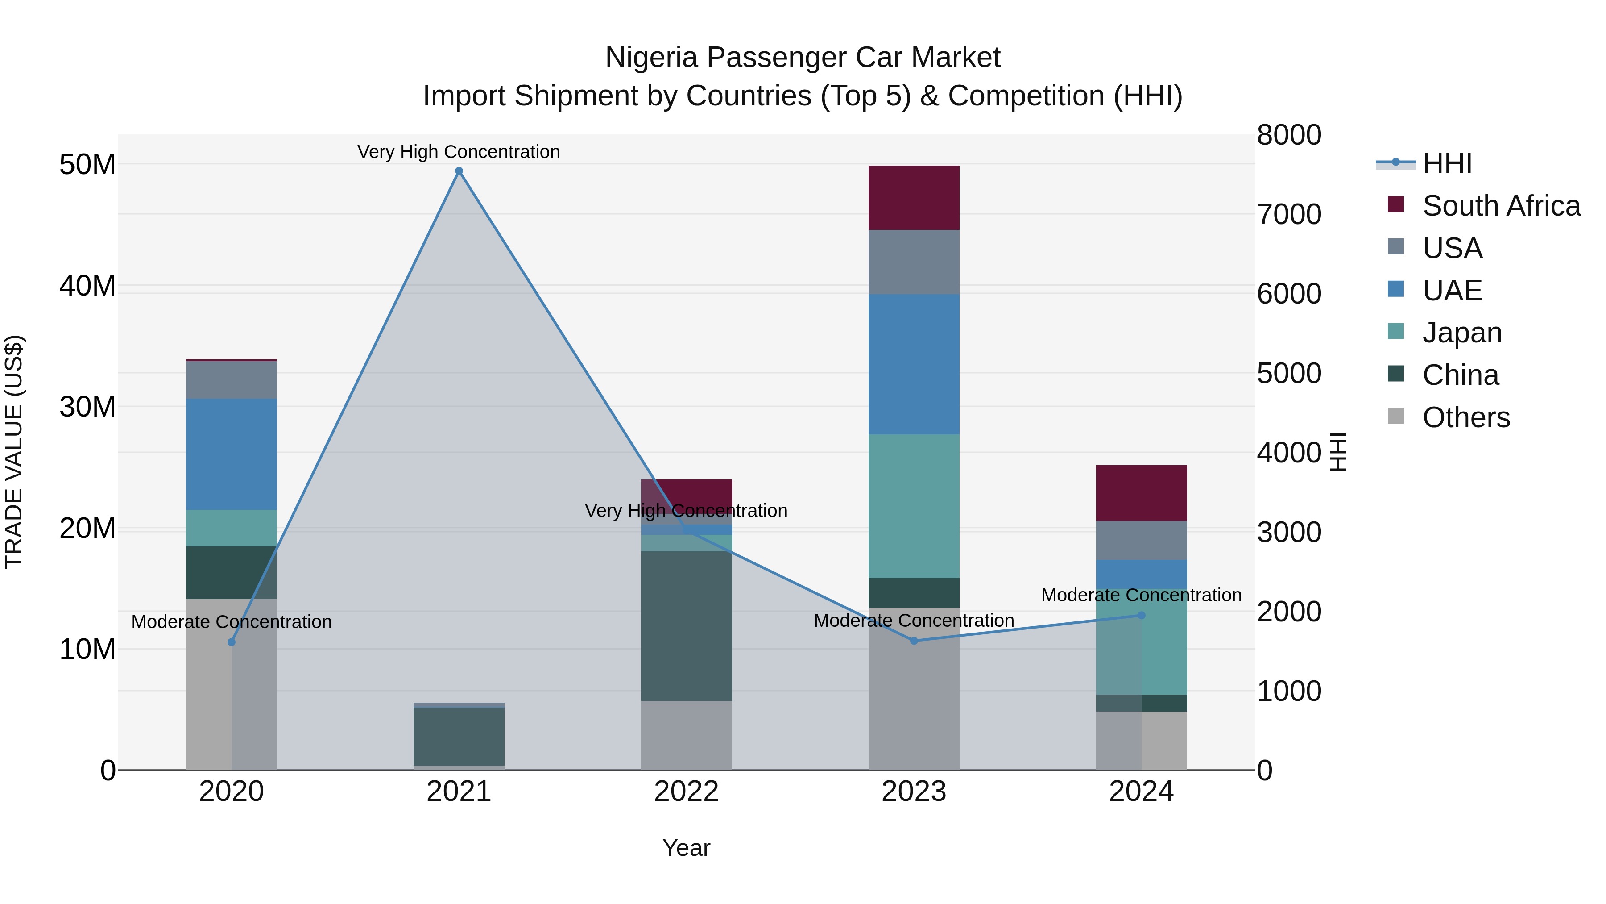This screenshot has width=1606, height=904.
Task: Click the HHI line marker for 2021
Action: tap(459, 171)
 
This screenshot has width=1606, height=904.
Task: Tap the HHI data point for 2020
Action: tap(231, 642)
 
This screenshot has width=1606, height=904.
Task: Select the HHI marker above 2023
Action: tap(914, 641)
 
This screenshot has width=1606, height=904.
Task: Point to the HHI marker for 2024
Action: tap(1142, 615)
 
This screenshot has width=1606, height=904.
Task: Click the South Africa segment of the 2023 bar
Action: tap(914, 198)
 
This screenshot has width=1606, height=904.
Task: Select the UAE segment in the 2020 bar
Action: tap(231, 454)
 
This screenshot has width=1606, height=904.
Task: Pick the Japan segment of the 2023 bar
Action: tap(914, 506)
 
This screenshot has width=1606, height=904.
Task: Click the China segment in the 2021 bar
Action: tap(459, 736)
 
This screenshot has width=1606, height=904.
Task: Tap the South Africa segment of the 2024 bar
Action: tap(1142, 493)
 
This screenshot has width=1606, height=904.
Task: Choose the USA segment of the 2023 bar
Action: tap(914, 262)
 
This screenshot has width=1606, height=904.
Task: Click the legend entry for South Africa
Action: tap(1501, 206)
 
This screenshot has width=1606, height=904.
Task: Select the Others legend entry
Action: tap(1466, 417)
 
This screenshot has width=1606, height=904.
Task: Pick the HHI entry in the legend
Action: tap(1446, 163)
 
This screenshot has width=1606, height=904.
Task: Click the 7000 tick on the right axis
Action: tap(1289, 214)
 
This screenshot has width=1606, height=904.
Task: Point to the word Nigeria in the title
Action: tap(651, 58)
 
